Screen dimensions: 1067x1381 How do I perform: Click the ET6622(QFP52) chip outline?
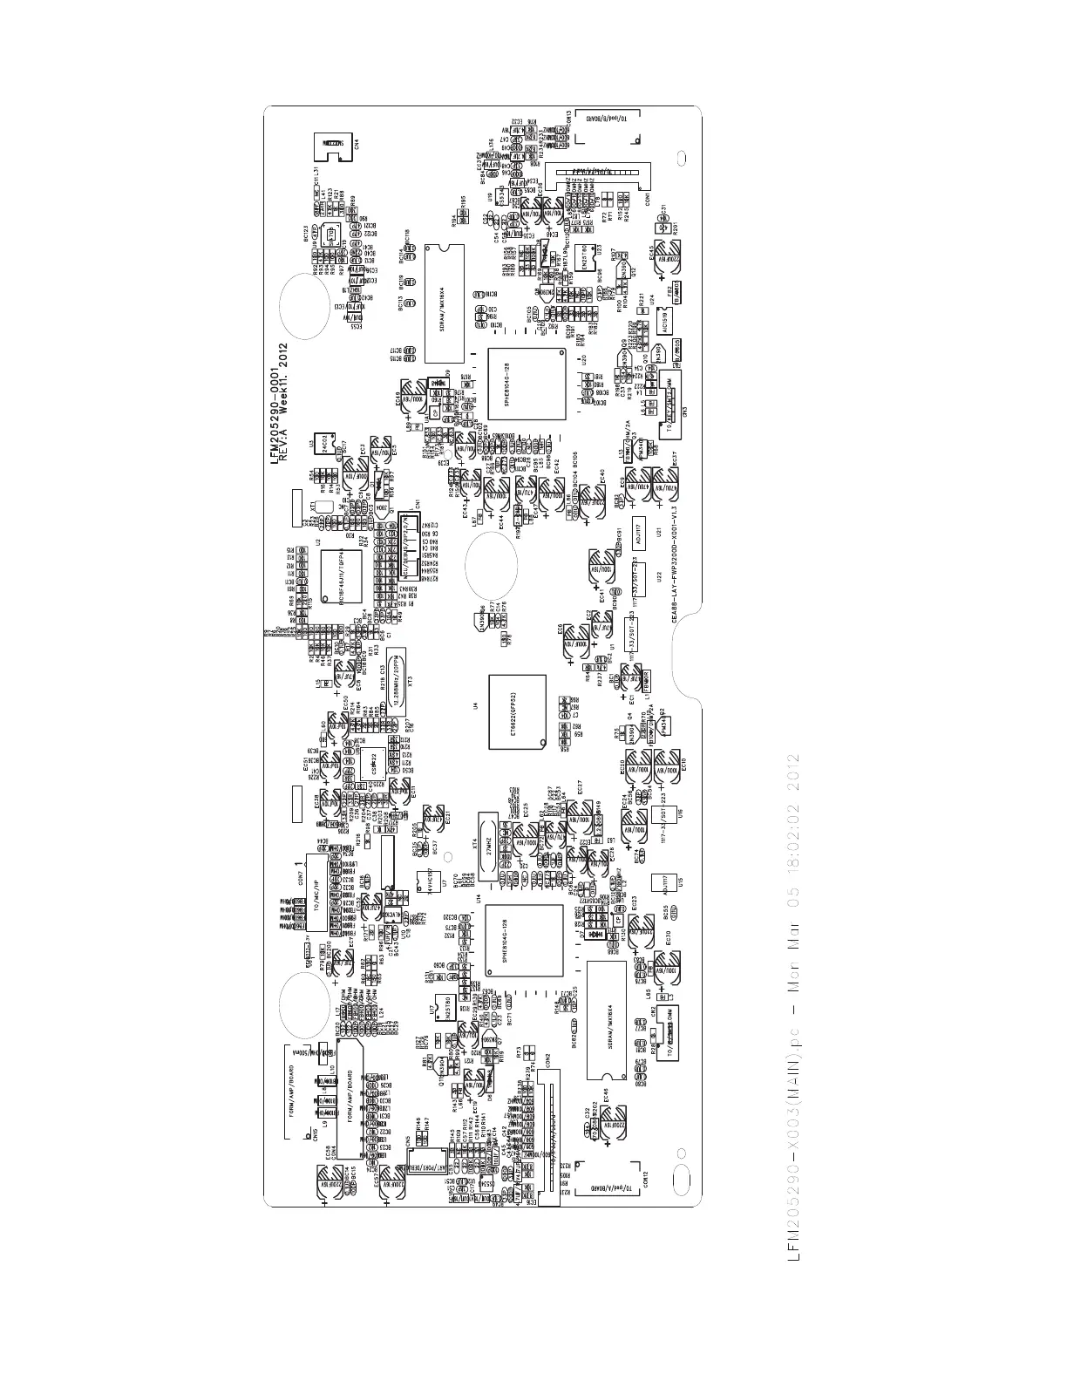point(517,711)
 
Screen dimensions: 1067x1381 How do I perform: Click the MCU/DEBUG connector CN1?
point(405,551)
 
